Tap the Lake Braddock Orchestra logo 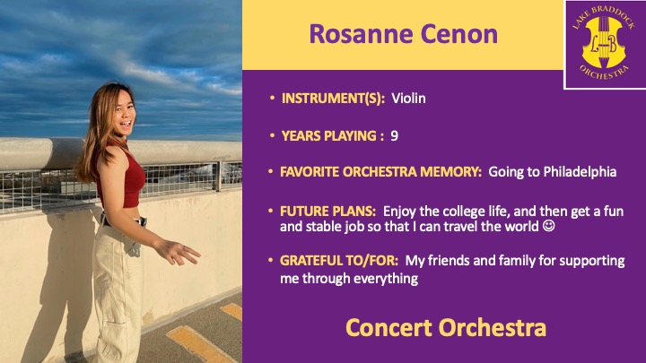coord(604,44)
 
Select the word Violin coord(408,99)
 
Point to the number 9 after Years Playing coord(394,136)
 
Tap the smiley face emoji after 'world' coord(548,226)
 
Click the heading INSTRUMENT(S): coord(333,99)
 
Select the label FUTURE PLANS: coord(327,212)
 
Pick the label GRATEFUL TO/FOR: coord(339,261)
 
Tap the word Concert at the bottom coord(388,328)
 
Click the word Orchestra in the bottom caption coord(493,328)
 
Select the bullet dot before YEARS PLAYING coord(272,135)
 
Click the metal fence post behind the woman coord(218,177)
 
